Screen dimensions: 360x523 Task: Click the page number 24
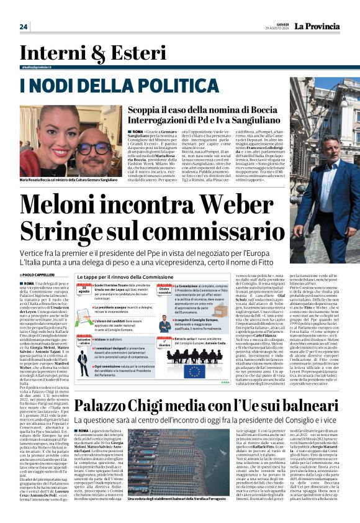click(x=24, y=26)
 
